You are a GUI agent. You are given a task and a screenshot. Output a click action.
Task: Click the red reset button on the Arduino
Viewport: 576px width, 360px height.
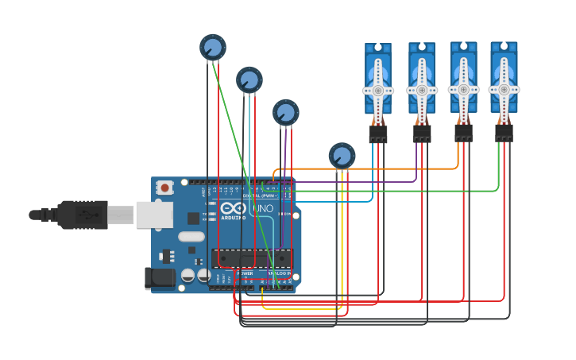pos(164,188)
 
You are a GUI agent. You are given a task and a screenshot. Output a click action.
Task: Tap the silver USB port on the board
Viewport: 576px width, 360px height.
pos(154,215)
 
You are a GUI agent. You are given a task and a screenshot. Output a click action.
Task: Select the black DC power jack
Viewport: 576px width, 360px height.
pos(159,277)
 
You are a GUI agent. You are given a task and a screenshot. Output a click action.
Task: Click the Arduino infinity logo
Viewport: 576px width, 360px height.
pos(234,208)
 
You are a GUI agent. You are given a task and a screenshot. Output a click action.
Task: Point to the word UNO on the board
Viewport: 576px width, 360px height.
pos(262,209)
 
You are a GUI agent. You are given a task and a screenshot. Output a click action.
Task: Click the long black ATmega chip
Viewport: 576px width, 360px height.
pos(251,258)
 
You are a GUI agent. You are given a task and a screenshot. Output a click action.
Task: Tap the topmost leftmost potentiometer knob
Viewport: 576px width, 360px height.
pos(213,48)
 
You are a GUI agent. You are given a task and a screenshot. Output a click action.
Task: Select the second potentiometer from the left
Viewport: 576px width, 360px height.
pos(249,79)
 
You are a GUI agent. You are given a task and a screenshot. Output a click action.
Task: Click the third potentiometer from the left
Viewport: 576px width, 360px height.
pos(286,112)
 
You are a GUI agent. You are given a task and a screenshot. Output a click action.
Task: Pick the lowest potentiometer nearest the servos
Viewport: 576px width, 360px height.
pos(342,156)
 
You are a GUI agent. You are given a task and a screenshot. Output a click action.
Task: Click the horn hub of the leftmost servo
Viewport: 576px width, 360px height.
pos(378,91)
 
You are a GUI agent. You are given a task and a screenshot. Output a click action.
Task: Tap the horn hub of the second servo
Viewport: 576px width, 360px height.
pos(422,91)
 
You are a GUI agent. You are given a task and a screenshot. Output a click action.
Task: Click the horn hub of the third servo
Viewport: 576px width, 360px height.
pos(464,89)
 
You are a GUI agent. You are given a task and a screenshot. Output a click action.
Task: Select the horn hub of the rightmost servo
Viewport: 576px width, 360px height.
pos(504,89)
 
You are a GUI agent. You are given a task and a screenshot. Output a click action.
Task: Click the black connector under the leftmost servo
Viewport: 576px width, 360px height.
pos(378,134)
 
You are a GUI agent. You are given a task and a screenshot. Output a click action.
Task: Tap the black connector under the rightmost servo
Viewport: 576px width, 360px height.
pos(504,132)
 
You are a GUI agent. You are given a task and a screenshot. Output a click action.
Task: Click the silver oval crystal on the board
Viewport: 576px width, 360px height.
pos(191,236)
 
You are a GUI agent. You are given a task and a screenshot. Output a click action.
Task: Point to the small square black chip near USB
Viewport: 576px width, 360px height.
pos(193,218)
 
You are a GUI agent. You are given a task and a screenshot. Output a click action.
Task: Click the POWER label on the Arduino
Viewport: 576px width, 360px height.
pos(245,273)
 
